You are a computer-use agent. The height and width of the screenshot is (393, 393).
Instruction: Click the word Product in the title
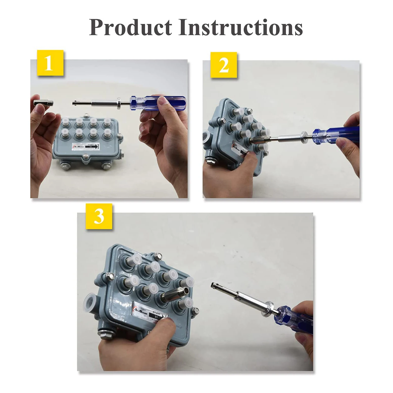click(x=130, y=27)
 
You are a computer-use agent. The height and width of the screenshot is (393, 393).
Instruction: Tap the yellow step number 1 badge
click(x=50, y=63)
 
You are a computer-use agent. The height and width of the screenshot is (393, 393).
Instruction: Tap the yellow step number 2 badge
click(x=224, y=65)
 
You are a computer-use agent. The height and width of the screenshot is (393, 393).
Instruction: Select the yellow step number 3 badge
click(x=99, y=216)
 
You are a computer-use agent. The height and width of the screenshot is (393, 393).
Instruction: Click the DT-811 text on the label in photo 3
click(x=155, y=311)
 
